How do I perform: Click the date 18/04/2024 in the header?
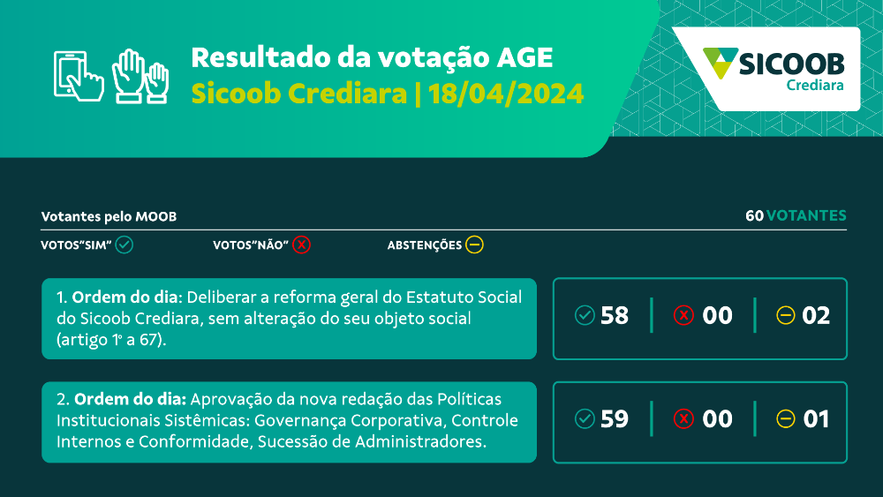pos(506,94)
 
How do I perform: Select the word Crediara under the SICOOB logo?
pos(815,85)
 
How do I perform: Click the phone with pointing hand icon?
pos(79,77)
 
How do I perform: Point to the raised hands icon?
pos(140,77)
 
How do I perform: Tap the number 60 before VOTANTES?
pos(755,215)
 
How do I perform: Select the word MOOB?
pos(156,216)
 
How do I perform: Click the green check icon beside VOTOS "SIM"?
pos(124,245)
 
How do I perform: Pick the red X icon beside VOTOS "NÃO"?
pos(301,245)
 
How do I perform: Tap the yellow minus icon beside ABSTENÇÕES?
pos(474,245)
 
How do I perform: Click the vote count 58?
pos(615,316)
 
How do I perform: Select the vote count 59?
pos(615,419)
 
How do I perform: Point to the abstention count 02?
pos(816,316)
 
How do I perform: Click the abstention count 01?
pos(816,419)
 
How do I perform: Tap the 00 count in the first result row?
pos(717,316)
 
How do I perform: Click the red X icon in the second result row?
pos(683,418)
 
